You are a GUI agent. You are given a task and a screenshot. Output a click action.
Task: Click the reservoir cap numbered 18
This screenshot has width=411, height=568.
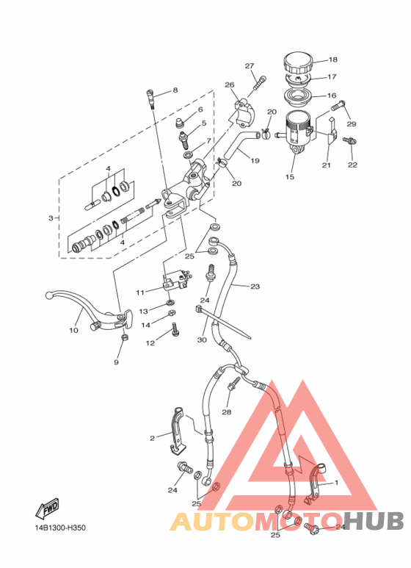[x=297, y=63]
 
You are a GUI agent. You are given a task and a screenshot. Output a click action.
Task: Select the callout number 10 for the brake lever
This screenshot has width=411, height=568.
[x=73, y=331]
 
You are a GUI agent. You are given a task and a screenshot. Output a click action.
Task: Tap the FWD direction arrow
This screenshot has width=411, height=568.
[x=47, y=508]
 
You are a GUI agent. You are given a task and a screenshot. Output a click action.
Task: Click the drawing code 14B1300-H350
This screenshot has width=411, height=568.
[x=60, y=528]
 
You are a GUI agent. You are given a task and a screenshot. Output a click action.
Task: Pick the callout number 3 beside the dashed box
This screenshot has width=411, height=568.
[x=51, y=218]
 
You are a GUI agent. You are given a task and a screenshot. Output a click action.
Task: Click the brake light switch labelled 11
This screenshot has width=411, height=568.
[x=176, y=283]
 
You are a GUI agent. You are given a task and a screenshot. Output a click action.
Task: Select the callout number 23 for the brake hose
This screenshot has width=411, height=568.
[x=255, y=287]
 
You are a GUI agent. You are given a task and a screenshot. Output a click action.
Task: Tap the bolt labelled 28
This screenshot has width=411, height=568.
[x=233, y=384]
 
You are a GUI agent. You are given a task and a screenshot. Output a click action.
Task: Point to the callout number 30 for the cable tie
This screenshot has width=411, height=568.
[x=202, y=339]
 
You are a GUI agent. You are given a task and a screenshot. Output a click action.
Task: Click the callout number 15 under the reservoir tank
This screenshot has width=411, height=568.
[x=290, y=177]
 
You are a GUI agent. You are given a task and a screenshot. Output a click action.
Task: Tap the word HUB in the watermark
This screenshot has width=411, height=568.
[x=374, y=521]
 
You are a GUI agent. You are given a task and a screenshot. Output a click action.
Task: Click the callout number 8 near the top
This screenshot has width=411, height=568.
[x=175, y=90]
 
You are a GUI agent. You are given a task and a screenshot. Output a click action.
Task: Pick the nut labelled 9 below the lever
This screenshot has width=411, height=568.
[x=125, y=337]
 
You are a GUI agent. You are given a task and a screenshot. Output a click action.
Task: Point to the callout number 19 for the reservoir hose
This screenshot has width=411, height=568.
[x=255, y=160]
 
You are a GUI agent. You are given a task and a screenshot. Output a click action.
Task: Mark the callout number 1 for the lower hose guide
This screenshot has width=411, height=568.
[x=336, y=483]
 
